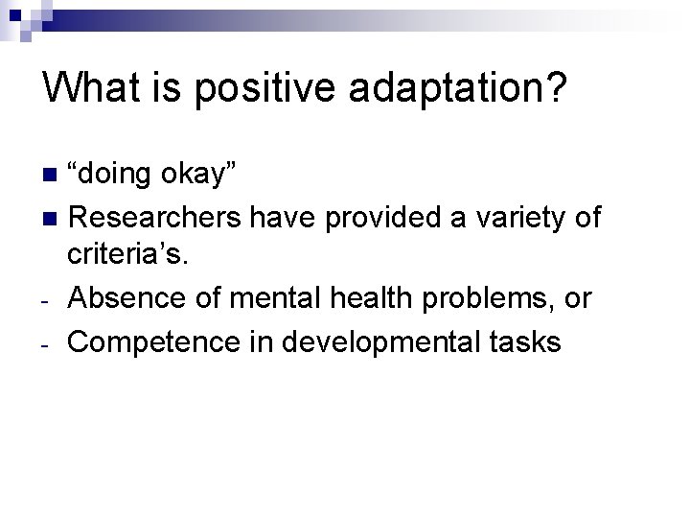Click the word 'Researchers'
pyautogui.click(x=157, y=218)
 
